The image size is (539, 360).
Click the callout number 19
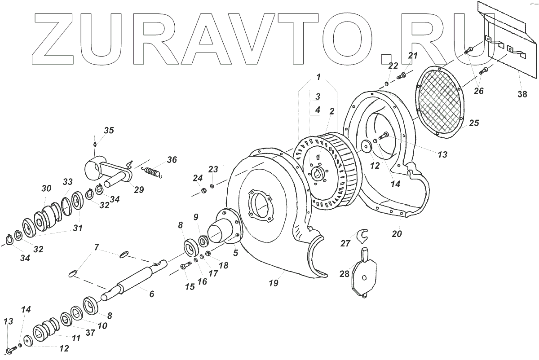(x=274, y=283)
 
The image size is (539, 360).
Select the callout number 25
(x=474, y=123)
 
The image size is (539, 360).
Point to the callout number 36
(x=172, y=160)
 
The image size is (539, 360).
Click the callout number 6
(x=151, y=294)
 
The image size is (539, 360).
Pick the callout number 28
(x=345, y=274)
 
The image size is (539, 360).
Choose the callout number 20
(x=397, y=234)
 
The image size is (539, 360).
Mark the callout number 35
(x=109, y=131)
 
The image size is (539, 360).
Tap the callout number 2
(x=331, y=111)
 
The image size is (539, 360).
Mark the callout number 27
(x=345, y=244)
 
